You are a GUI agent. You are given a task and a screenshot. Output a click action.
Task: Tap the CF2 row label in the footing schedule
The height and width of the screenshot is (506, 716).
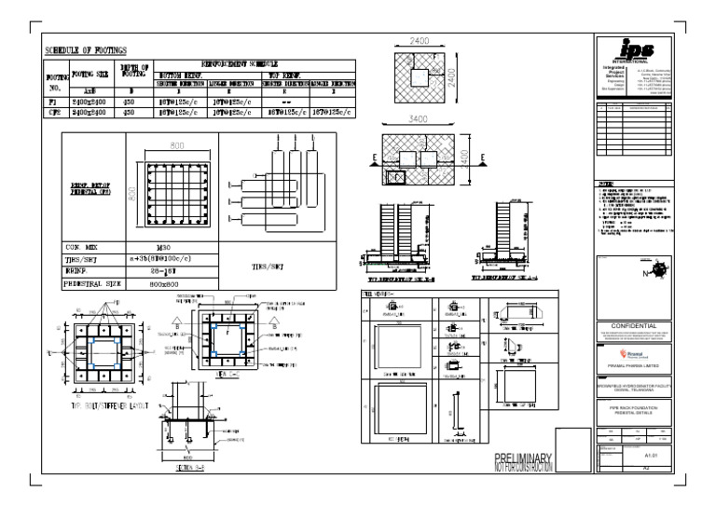point(54,112)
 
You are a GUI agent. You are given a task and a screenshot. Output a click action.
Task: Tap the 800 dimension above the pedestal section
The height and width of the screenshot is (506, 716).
point(177,145)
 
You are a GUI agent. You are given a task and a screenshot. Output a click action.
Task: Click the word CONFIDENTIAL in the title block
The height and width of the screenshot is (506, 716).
point(634,325)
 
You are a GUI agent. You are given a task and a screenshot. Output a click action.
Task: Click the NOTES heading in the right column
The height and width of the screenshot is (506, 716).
point(607,185)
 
